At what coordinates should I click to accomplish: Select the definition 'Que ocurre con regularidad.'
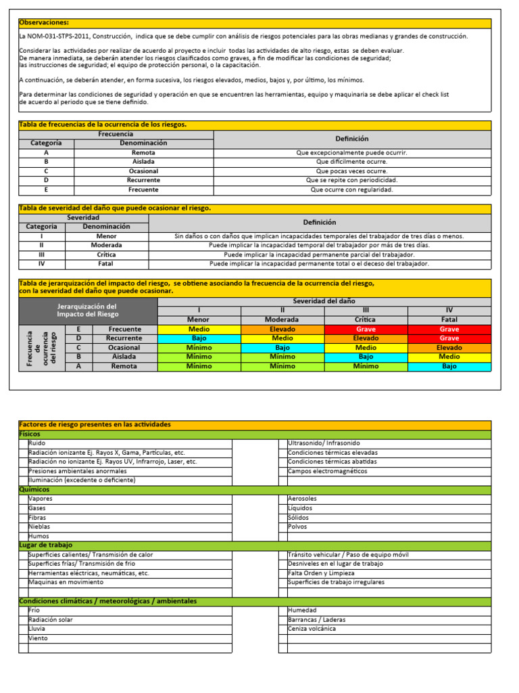point(352,190)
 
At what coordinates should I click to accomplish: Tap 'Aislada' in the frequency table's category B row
point(143,162)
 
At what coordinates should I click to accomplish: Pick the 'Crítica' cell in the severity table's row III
point(107,254)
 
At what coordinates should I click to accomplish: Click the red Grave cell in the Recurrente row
point(449,338)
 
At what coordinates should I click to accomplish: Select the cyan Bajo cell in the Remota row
point(449,366)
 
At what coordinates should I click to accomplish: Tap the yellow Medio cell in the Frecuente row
point(199,329)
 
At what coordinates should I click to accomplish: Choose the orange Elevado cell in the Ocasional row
point(449,348)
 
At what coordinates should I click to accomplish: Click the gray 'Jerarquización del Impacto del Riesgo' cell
point(88,311)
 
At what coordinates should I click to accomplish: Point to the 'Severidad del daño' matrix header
point(324,301)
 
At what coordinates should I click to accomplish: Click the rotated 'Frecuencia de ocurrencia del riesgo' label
point(42,348)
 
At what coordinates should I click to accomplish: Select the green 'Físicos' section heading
point(30,434)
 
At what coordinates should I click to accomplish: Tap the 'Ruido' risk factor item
point(36,443)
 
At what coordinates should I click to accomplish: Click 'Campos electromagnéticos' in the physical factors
point(328,471)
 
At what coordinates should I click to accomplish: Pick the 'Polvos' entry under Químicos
point(297,527)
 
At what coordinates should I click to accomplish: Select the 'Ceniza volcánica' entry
point(312,629)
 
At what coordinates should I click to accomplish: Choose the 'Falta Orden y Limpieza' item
point(322,573)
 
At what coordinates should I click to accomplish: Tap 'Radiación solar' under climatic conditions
point(51,620)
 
